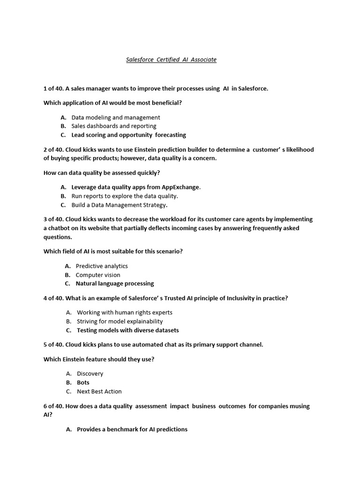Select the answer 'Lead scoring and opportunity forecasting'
click(x=128, y=135)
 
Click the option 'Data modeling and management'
click(x=116, y=118)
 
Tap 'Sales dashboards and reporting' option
click(x=114, y=126)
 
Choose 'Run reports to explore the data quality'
click(x=125, y=196)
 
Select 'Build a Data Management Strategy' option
click(x=119, y=205)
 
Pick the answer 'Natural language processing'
click(x=115, y=284)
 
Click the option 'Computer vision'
click(x=98, y=275)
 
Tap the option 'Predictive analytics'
click(x=102, y=266)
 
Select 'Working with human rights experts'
click(x=125, y=313)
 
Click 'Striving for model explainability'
click(x=120, y=322)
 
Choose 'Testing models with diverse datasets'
click(x=128, y=330)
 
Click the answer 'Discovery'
click(x=90, y=374)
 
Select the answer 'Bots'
click(x=83, y=383)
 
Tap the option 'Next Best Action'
click(x=99, y=391)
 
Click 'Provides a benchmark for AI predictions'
click(x=132, y=429)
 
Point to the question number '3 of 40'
click(x=53, y=219)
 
